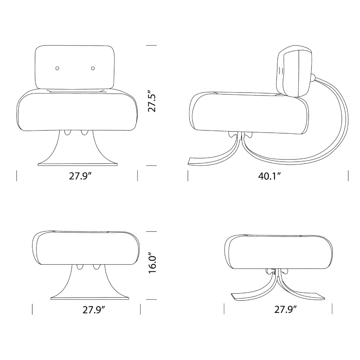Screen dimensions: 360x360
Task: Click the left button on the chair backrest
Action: (x=58, y=68)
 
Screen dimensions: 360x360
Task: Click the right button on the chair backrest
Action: (x=93, y=68)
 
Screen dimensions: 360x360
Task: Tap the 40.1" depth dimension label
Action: (x=269, y=176)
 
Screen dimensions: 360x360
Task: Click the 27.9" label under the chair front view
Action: (x=80, y=176)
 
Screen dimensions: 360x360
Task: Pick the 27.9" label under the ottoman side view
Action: (x=285, y=310)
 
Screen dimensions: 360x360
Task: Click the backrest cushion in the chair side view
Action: (x=295, y=72)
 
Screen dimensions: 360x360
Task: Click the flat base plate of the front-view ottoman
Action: (x=90, y=298)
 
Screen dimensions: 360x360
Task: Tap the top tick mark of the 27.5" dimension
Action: (x=151, y=46)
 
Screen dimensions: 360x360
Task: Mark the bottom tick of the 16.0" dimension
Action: (x=151, y=300)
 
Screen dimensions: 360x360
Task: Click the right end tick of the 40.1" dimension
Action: (x=348, y=176)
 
